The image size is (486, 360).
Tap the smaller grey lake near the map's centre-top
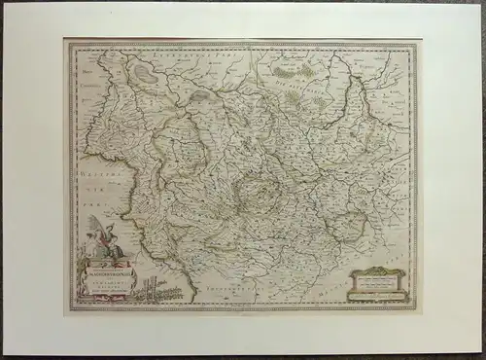click(x=201, y=96)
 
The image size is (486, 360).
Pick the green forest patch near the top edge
click(x=289, y=71)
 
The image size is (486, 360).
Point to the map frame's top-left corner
click(x=67, y=41)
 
